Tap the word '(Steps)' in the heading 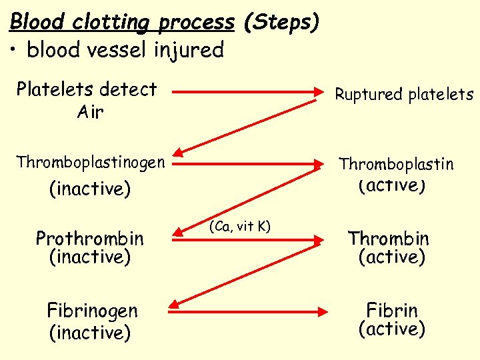[281, 21]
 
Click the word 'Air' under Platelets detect [90, 112]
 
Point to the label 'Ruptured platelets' [404, 95]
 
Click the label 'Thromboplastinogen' [91, 162]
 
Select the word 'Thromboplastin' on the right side [396, 164]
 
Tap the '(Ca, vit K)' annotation [240, 226]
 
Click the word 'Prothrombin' [89, 238]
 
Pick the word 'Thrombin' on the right [389, 238]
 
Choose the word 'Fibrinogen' [92, 311]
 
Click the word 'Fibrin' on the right [392, 311]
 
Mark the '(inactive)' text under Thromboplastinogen [91, 189]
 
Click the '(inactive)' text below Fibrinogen [91, 332]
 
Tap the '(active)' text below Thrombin [392, 257]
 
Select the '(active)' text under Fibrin [392, 329]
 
